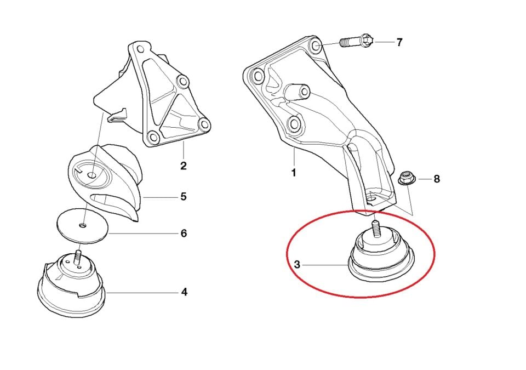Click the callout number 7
[399, 42]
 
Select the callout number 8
[437, 179]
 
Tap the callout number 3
[297, 265]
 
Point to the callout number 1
[293, 173]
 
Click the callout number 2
[183, 166]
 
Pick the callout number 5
[184, 196]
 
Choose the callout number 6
[184, 233]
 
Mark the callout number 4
[184, 292]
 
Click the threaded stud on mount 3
[376, 226]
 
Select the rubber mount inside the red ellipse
[382, 255]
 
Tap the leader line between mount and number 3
[326, 265]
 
